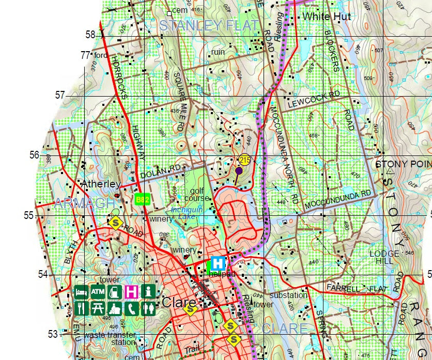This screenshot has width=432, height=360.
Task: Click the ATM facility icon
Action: (x=98, y=292)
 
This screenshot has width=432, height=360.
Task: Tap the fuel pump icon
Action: (x=115, y=292)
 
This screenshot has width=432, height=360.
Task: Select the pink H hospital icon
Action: (x=132, y=292)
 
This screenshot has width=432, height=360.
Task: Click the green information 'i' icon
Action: (x=149, y=292)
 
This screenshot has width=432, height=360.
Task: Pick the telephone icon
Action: (x=132, y=308)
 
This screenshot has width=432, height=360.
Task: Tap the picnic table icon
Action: (x=98, y=308)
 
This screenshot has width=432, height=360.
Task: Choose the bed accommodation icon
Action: (x=81, y=292)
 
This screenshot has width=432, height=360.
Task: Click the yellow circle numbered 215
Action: (x=245, y=161)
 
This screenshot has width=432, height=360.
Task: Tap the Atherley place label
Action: (x=101, y=184)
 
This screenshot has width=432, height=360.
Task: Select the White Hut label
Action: (x=327, y=17)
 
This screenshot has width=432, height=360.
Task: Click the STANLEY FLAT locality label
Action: (x=209, y=25)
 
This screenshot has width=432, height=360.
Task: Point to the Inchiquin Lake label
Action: (x=187, y=213)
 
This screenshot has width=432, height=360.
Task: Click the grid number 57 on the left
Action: (x=61, y=96)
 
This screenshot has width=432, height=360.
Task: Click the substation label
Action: (x=288, y=295)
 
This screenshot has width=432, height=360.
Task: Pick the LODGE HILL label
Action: (x=384, y=257)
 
